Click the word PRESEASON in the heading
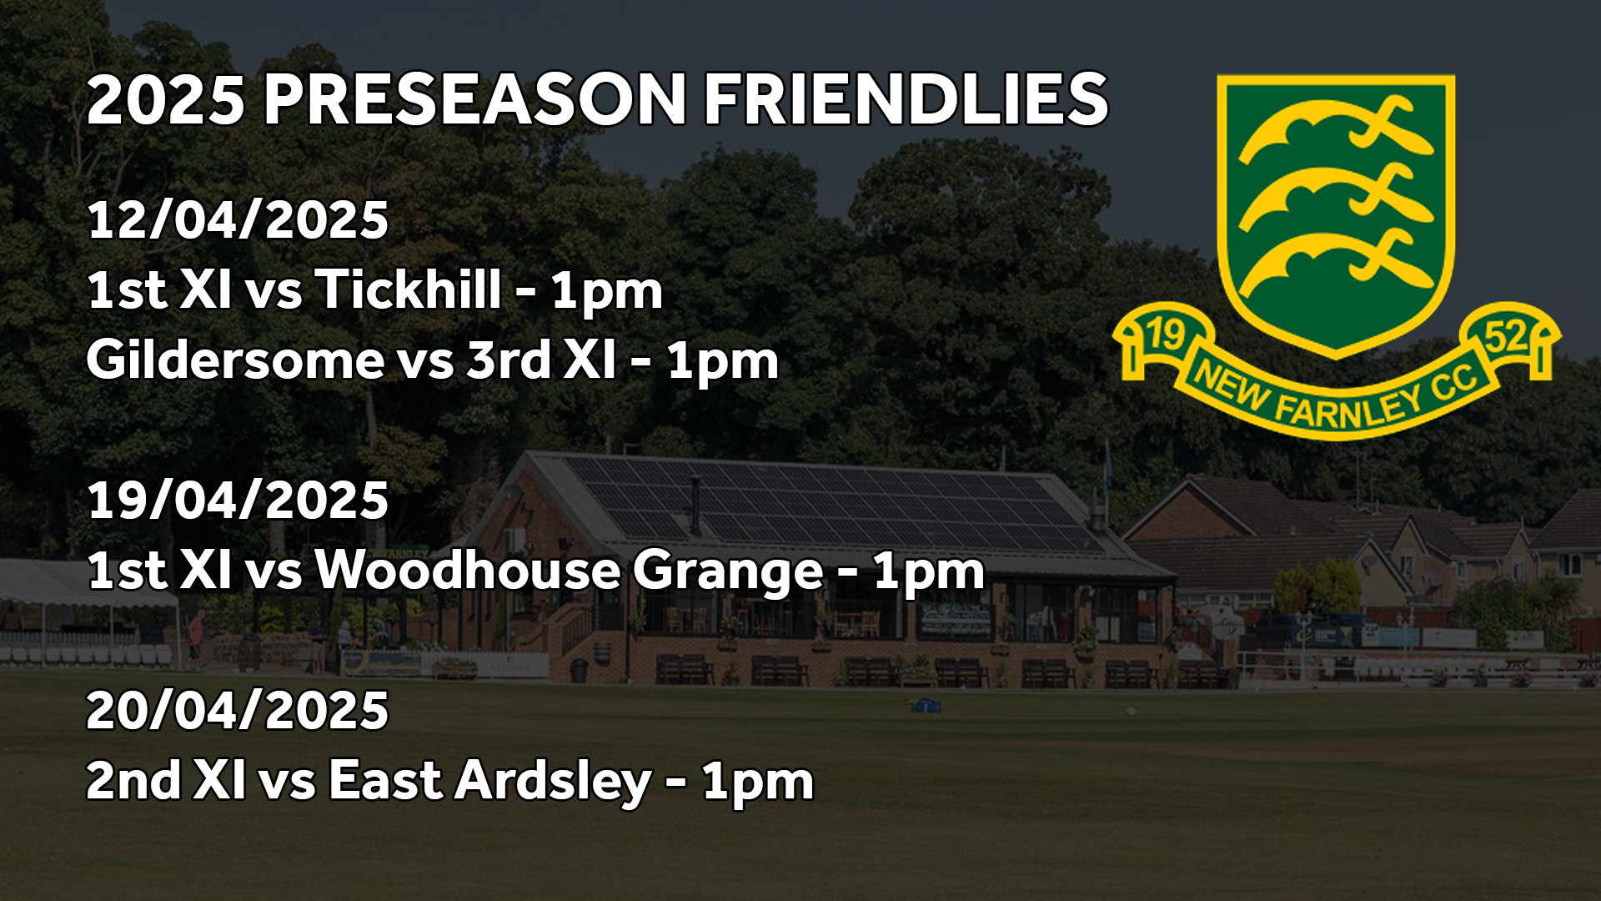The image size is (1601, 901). pos(474,100)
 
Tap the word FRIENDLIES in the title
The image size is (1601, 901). pos(906,100)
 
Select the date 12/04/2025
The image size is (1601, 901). pos(238,220)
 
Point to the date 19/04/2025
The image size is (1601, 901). pos(238,501)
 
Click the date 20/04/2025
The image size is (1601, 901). pos(238,711)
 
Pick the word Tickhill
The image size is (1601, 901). pos(409,289)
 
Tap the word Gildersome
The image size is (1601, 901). pos(235,361)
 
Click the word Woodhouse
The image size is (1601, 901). pos(467,571)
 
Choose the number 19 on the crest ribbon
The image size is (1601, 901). pos(1166,335)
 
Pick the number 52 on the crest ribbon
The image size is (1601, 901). pos(1506,337)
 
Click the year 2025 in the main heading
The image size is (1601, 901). pos(166,100)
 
